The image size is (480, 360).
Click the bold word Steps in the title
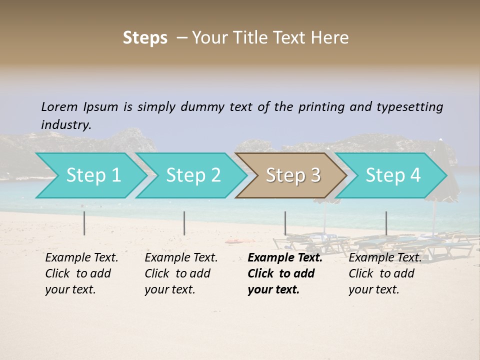pos(145,38)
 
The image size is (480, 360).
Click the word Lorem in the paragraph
pos(59,106)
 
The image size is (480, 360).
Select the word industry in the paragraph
pos(65,124)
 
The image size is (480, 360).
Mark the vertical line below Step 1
pos(84,223)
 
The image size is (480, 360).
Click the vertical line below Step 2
pos(184,223)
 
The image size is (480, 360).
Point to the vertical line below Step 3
pos(285,223)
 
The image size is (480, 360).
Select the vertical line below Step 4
pos(386,223)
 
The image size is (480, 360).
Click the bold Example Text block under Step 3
pos(284,273)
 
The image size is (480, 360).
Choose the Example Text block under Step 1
pos(81,273)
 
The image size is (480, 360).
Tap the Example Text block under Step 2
pos(180,273)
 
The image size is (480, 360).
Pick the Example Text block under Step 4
pos(384,273)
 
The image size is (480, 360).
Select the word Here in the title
pos(333,38)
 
